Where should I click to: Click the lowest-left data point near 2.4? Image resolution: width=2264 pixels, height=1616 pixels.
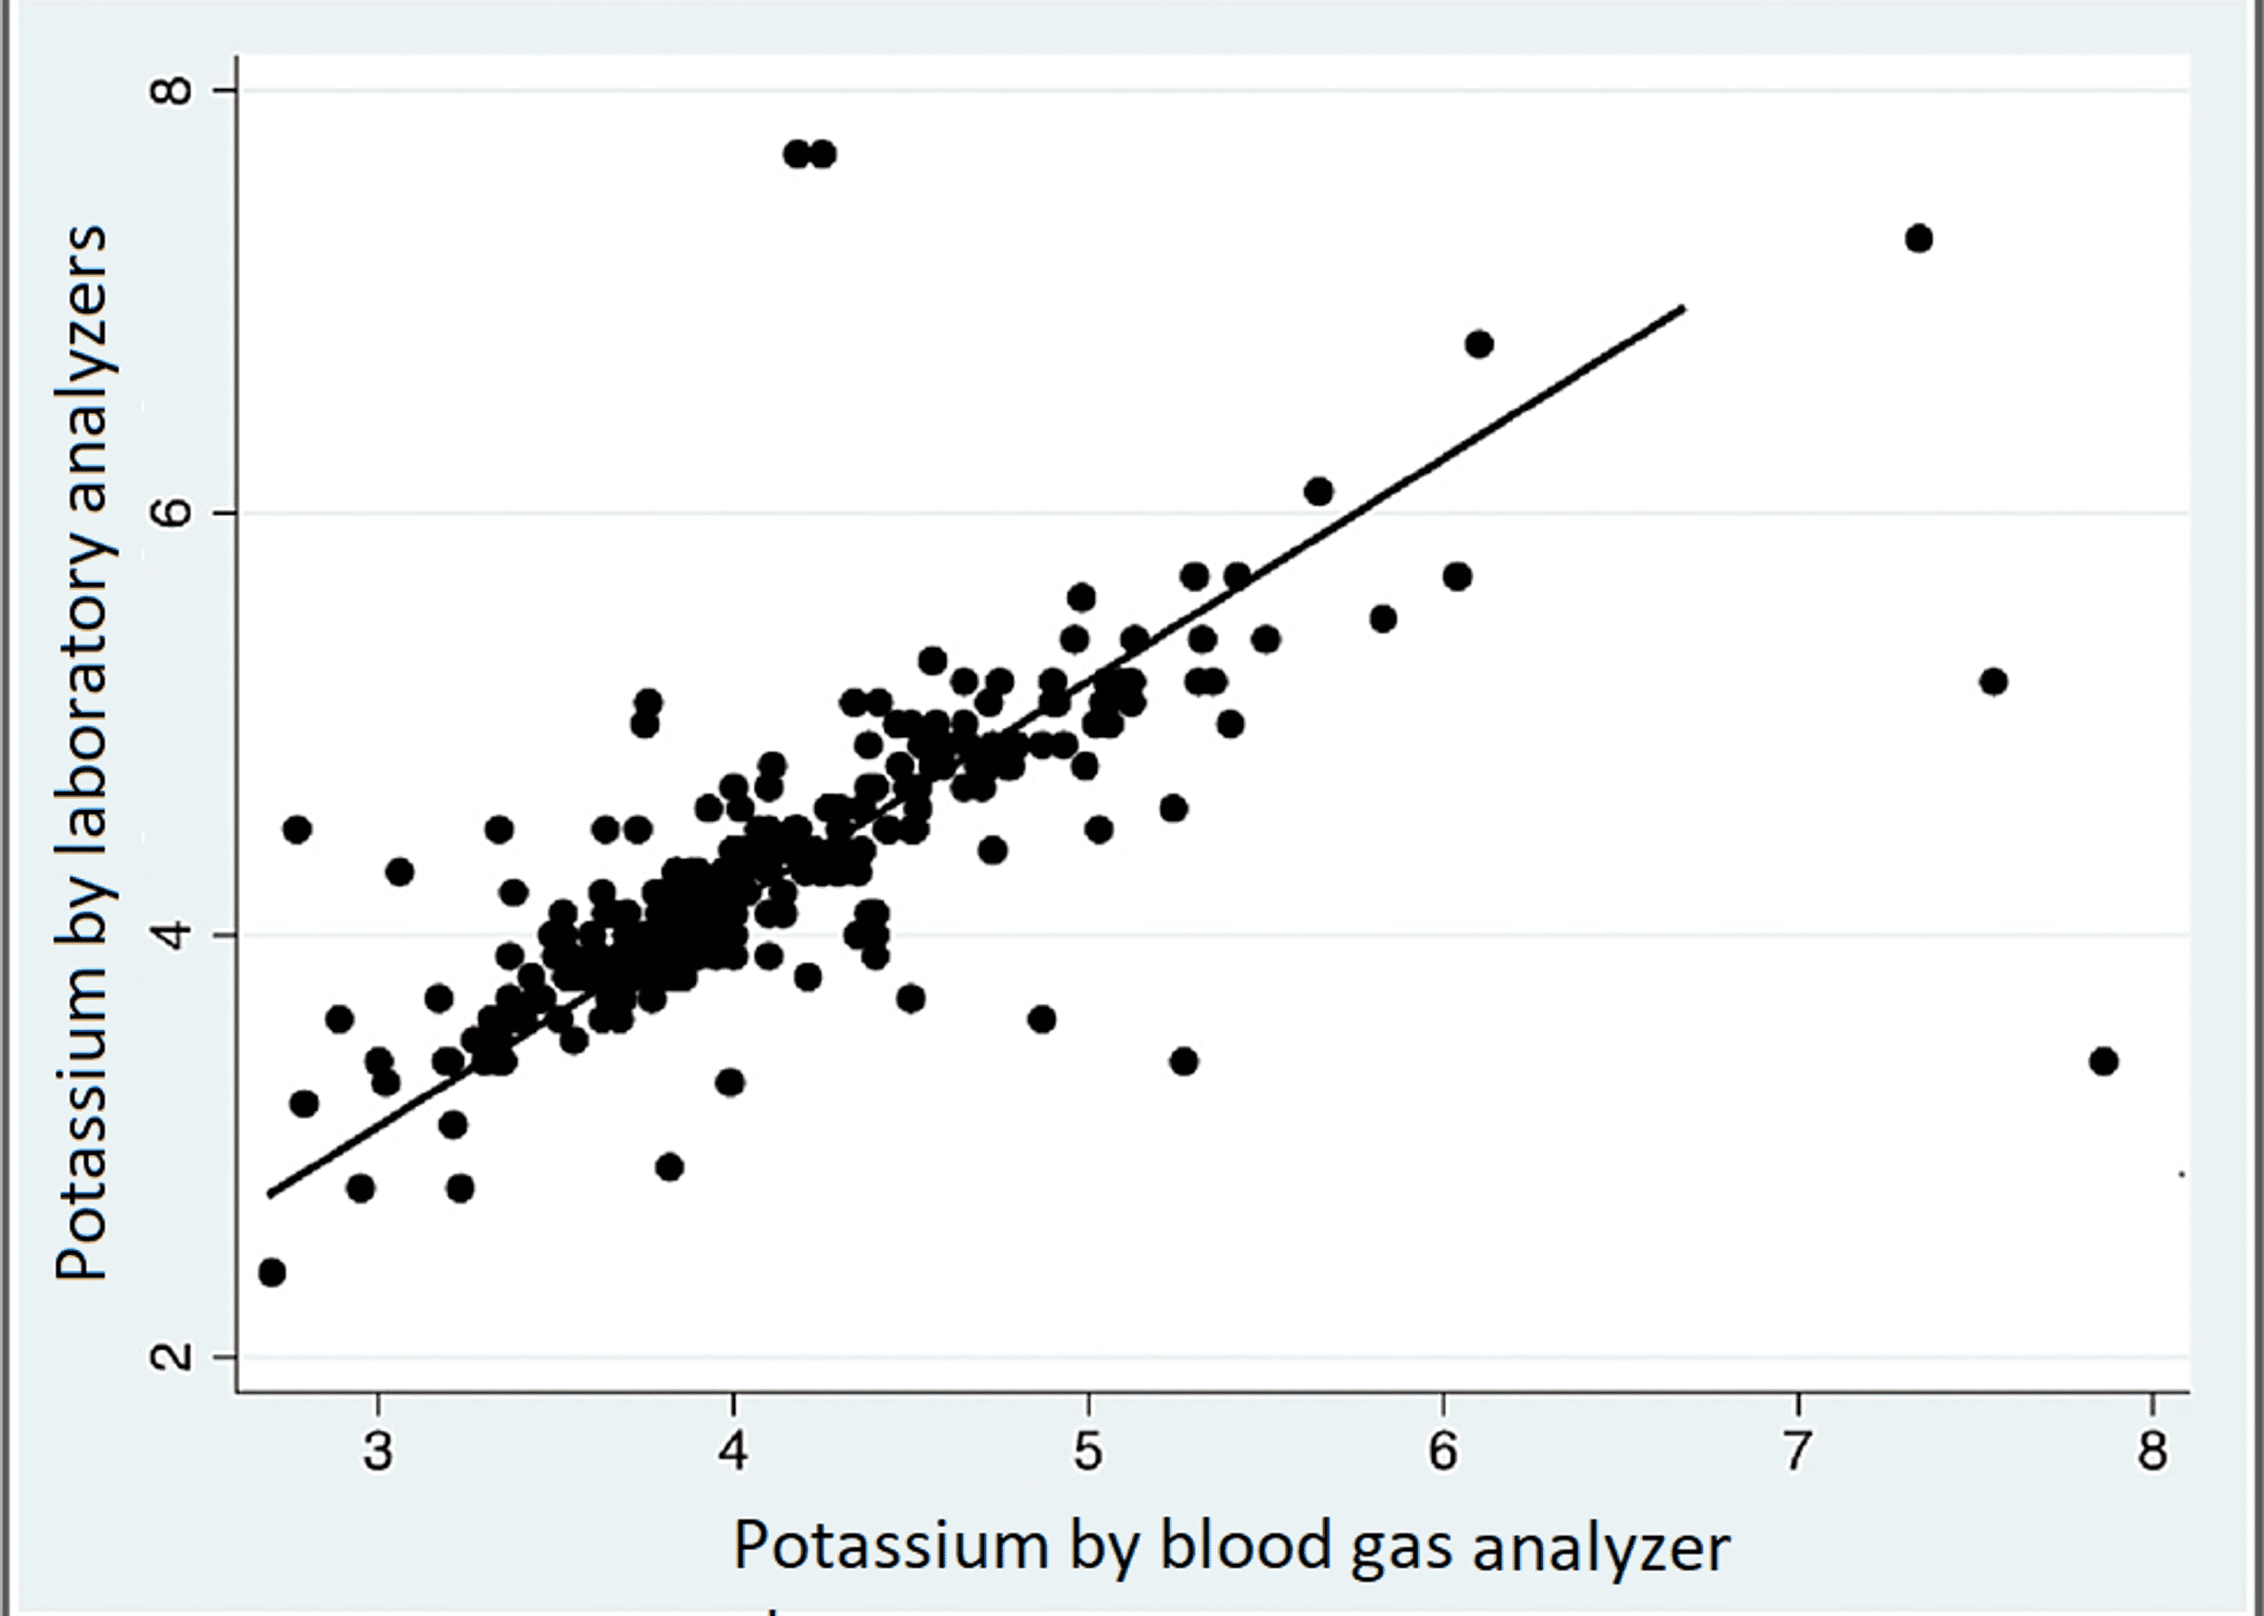(272, 1272)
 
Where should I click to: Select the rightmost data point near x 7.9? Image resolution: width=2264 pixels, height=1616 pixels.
(2103, 1061)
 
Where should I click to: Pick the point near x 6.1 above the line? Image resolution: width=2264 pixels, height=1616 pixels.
(1479, 344)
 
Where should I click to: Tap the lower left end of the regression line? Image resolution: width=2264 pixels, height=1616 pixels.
(268, 1194)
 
